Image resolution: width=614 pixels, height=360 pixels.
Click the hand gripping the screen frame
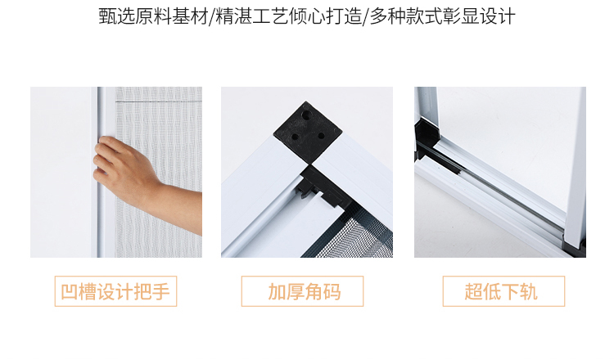tap(123, 164)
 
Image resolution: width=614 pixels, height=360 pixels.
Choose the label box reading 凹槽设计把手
tap(115, 291)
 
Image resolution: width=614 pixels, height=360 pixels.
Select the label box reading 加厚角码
tap(303, 291)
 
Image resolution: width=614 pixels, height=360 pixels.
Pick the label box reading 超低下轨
tap(503, 291)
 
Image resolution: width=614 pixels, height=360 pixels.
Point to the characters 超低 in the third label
tap(484, 291)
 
